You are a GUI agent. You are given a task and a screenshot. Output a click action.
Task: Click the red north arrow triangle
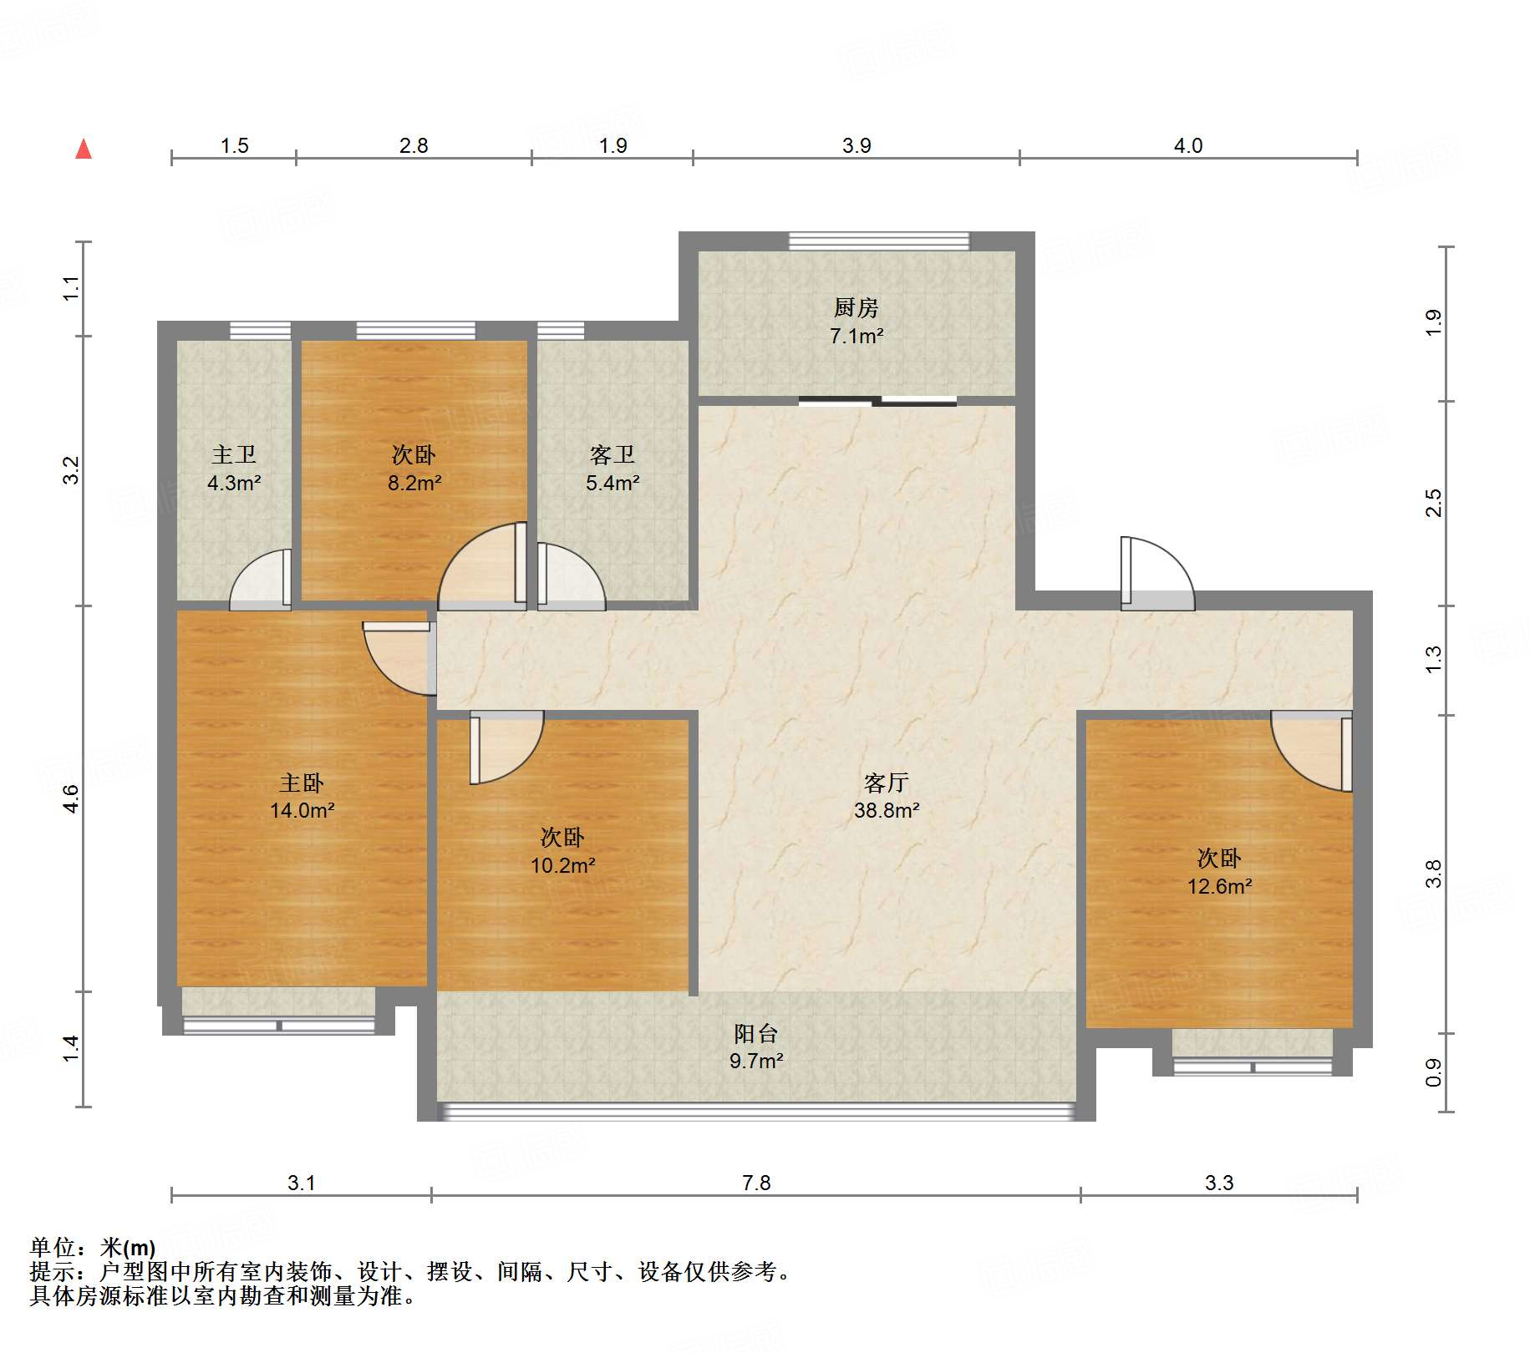coord(84,149)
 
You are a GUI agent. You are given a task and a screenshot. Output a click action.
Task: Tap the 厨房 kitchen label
coord(856,308)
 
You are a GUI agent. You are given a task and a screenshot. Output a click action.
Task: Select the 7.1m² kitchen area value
coord(856,336)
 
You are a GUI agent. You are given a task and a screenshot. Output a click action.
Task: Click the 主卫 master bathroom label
coord(234,454)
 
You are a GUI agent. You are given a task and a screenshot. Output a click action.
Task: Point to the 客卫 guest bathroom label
coord(613,454)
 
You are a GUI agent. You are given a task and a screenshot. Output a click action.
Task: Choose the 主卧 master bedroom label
coord(302,783)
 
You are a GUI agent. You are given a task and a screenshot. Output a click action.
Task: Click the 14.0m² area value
coord(302,810)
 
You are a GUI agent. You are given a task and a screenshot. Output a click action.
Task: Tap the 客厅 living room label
coord(887,783)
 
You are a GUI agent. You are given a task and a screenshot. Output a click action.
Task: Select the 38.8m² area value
coord(887,810)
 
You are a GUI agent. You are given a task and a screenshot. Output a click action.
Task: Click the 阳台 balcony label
coord(756,1033)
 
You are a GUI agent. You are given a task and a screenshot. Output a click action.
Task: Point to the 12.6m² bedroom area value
coord(1220,886)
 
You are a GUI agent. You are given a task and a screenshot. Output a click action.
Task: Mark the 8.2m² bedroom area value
coord(414,483)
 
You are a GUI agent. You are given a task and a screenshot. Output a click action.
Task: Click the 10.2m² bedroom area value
coord(563,865)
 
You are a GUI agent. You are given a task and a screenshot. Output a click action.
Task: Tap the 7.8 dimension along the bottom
coord(756,1183)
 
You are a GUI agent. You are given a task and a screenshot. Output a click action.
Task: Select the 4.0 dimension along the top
coord(1188,145)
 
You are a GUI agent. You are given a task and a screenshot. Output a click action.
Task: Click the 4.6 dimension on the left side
coord(71,799)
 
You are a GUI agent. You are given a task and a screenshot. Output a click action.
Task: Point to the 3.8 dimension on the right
coord(1434,874)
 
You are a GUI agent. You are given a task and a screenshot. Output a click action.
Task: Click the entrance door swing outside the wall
coord(1157,573)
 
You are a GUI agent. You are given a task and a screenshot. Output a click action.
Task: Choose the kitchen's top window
coord(879,241)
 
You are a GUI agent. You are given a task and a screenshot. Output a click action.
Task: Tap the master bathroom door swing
coord(261,579)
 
